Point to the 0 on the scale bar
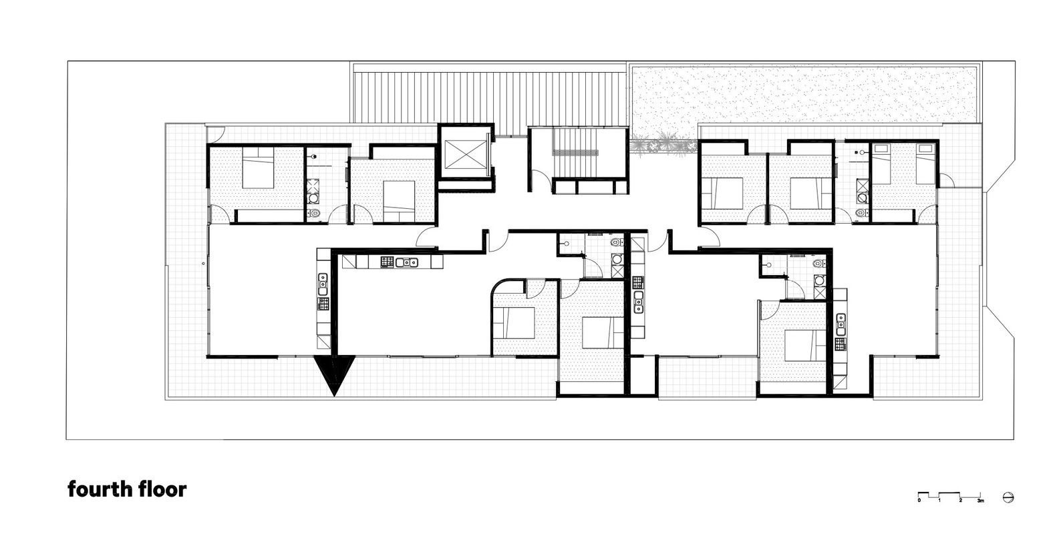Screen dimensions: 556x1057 919,499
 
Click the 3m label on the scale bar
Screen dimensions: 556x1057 980,499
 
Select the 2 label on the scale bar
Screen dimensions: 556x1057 960,499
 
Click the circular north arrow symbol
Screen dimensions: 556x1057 1009,497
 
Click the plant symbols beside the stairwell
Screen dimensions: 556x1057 658,144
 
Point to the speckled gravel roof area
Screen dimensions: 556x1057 802,93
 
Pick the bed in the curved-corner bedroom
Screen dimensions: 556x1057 516,323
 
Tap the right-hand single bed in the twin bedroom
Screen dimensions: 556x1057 925,165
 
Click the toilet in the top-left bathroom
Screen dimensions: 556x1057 315,214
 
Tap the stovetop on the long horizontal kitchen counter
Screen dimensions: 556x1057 387,262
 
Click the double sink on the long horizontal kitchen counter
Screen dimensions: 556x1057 406,262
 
